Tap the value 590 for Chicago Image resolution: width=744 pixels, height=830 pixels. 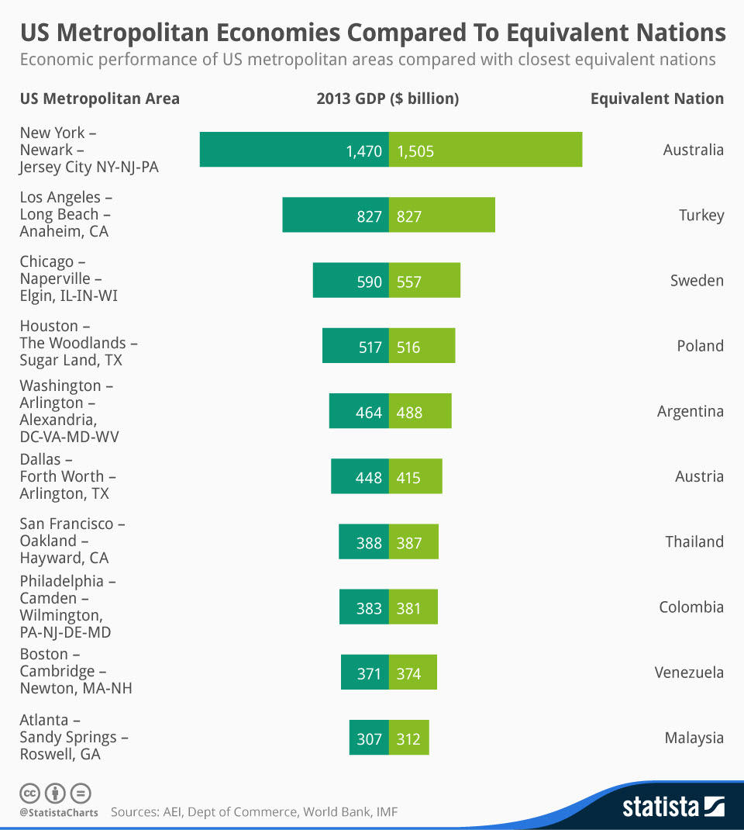click(369, 281)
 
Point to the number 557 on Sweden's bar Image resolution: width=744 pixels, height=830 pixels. click(409, 281)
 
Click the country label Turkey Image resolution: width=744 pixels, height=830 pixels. click(701, 216)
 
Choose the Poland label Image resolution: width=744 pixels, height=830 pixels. click(700, 346)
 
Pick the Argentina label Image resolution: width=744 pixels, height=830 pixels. click(691, 411)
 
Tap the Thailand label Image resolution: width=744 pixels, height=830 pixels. click(694, 541)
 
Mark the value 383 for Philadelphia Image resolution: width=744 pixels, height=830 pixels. click(369, 607)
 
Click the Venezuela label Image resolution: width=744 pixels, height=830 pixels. click(689, 672)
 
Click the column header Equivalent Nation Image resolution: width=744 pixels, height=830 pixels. click(657, 99)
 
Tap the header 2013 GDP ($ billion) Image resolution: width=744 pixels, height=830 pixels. click(387, 99)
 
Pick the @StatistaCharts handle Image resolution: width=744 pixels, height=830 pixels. click(59, 813)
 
